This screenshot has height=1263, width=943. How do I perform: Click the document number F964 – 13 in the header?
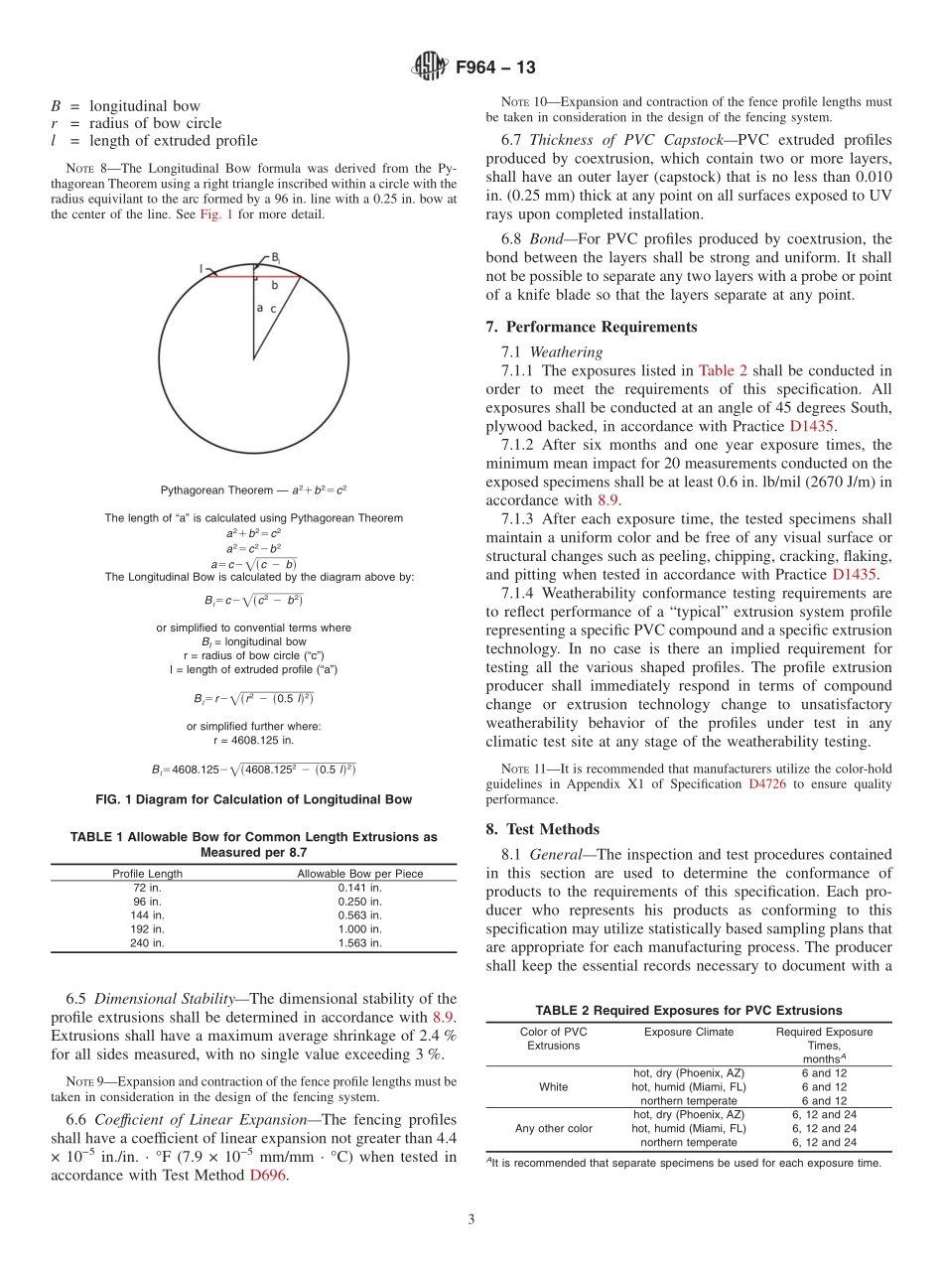coord(495,68)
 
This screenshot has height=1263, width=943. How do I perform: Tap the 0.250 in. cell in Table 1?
coord(359,902)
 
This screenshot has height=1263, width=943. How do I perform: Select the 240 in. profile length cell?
coord(147,943)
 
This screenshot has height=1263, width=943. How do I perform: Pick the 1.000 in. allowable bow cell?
coord(359,929)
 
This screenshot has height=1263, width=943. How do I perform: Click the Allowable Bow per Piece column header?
coord(360,874)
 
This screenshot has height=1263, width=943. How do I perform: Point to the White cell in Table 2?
coord(553,1086)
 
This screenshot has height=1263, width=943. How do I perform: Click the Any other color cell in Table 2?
coord(553,1128)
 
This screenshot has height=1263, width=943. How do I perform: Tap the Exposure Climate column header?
coord(688,1032)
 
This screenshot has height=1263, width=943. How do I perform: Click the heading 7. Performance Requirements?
coord(592,327)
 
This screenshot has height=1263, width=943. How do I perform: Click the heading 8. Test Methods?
coord(542,829)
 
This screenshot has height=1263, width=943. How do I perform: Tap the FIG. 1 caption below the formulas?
coord(253,799)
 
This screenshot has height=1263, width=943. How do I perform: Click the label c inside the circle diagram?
coord(272,309)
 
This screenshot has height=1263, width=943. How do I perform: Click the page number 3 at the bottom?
coord(471,1219)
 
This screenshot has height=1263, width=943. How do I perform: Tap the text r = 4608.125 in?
coord(253,740)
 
